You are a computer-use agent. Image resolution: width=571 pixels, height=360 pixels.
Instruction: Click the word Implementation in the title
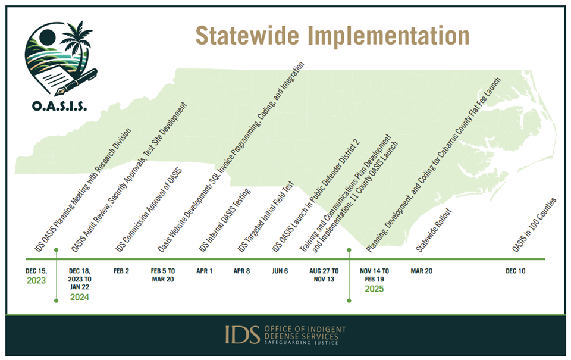coord(388,36)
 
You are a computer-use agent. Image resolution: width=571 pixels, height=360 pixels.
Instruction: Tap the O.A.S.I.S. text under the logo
coord(59,106)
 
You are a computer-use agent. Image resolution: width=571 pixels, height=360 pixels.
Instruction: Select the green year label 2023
coord(36,281)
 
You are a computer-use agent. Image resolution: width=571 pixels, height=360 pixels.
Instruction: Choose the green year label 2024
coord(80,298)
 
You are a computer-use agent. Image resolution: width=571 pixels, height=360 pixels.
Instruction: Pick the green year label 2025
coord(374,289)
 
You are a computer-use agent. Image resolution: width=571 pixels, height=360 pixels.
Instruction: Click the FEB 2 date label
coord(121,271)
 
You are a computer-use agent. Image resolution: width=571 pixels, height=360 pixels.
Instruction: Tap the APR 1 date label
coord(204,271)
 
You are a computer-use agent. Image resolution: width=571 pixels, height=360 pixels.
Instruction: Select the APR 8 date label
coord(242,271)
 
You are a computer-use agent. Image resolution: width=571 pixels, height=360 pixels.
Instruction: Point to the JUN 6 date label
coord(280,271)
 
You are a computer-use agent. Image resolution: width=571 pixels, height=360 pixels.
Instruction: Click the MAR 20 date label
coord(422,271)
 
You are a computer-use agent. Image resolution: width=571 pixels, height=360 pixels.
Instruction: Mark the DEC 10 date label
coord(516,271)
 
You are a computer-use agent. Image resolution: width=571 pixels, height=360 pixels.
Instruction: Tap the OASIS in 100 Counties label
coord(534,225)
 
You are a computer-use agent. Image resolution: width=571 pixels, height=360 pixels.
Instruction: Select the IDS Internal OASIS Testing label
coord(225,220)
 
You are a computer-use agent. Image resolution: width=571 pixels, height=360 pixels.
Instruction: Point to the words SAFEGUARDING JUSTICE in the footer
coord(301,343)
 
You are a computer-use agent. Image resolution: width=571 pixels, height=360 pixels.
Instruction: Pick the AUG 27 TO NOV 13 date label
coord(324,275)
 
